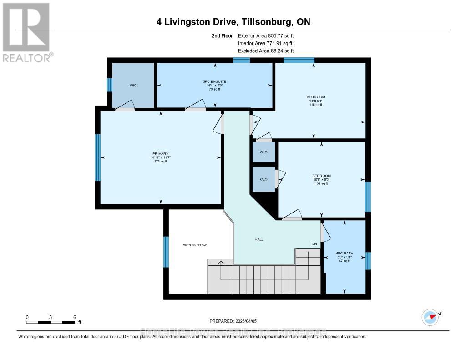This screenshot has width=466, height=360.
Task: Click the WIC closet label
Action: [x=133, y=85]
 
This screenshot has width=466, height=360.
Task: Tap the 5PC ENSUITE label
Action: [x=214, y=81]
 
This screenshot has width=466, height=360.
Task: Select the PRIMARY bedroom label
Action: [x=160, y=153]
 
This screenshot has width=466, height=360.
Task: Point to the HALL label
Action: [x=258, y=239]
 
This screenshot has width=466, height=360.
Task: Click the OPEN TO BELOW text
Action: [x=194, y=245]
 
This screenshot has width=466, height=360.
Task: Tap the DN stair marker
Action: [x=314, y=244]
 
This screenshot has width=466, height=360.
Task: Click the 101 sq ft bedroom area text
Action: [x=321, y=183]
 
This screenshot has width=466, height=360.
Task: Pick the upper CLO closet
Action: [x=264, y=152]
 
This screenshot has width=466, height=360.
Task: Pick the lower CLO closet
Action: [x=264, y=179]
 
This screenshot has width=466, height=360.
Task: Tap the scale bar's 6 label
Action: [x=74, y=317]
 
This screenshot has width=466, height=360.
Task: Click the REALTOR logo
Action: [x=26, y=32]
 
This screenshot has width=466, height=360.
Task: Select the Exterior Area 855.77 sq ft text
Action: [x=269, y=35]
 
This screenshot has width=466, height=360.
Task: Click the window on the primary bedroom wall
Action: [x=97, y=157]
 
